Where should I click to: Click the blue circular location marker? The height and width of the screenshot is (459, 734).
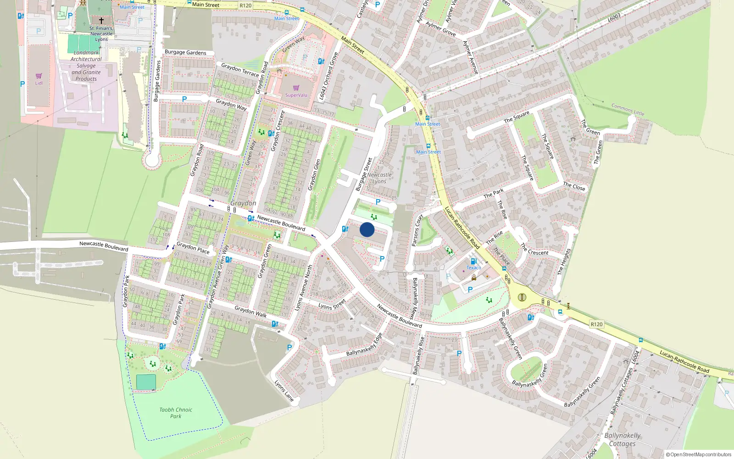pos(367,229)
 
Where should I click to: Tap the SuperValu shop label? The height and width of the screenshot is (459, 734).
pos(296,95)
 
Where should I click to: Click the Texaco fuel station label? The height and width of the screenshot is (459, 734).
pos(474,268)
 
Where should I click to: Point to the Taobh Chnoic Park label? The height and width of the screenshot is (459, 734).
pos(176,413)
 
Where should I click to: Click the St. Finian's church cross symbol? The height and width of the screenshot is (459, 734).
pos(101,21)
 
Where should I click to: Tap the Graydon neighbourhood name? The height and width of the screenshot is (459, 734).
pos(243,203)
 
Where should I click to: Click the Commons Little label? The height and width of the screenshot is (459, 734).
pos(628,109)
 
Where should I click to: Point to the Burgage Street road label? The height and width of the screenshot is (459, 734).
pos(364,174)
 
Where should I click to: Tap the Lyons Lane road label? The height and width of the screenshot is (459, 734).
pos(284,391)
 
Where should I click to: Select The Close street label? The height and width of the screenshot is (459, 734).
pos(574,186)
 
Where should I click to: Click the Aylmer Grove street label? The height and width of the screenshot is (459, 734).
pos(440,28)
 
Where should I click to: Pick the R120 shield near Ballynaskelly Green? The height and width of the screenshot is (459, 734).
pos(596,324)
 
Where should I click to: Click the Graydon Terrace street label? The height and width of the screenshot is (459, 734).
pos(240,69)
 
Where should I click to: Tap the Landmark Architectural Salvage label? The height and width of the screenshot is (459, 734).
pos(86,66)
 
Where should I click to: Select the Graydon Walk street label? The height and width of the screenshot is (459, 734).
pos(250,312)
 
